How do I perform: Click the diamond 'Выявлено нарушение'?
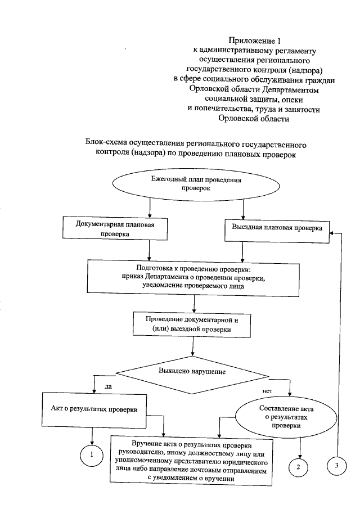[192, 372]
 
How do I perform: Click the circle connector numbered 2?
[299, 466]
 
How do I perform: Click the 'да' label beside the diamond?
[109, 386]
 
